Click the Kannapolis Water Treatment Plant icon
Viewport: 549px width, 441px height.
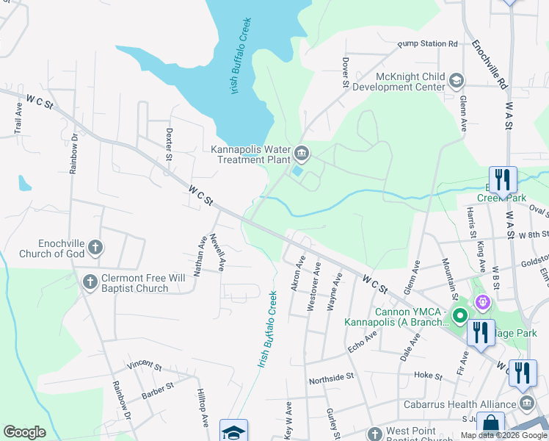302,154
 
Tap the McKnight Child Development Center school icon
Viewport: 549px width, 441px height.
456,80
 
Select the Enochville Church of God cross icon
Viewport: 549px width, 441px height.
95,248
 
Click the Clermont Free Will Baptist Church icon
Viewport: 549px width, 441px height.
90,282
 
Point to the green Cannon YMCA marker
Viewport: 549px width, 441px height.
460,316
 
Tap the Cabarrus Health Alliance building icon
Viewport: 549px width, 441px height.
527,404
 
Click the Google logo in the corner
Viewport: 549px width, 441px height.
24,432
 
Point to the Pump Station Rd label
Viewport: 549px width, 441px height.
427,44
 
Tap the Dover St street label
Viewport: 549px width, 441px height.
344,73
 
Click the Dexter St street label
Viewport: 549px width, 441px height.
169,145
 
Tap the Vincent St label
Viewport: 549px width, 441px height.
143,365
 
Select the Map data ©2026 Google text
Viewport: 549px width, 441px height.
503,435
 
